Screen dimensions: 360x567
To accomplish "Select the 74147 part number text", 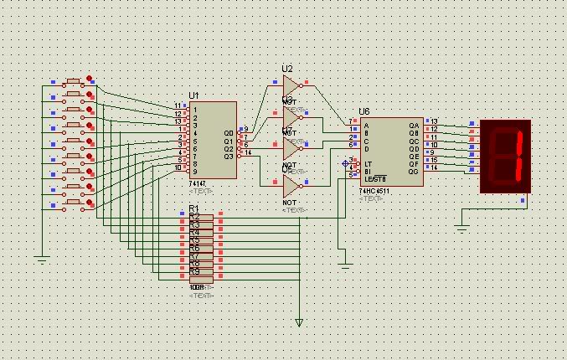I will [x=198, y=183].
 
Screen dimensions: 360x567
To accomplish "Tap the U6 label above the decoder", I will [x=363, y=111].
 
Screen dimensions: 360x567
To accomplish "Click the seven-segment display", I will [x=505, y=156].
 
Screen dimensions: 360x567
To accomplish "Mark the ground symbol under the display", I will [x=461, y=225].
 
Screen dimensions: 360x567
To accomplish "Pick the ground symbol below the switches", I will [x=43, y=260].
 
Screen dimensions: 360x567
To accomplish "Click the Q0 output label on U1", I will [x=229, y=133].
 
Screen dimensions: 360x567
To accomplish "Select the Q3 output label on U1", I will [x=229, y=156].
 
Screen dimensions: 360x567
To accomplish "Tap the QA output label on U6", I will [x=413, y=126].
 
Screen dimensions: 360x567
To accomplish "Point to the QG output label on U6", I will [x=413, y=171].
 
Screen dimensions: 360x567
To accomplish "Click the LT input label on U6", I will [x=369, y=163].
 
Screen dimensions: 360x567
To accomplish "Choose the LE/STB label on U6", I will [x=374, y=178].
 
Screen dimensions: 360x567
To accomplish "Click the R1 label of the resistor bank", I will [x=193, y=208].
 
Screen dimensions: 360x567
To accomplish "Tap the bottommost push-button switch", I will [x=74, y=203].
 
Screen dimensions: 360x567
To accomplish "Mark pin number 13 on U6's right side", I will [x=434, y=121].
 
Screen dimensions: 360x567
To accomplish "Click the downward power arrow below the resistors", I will [x=299, y=321].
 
